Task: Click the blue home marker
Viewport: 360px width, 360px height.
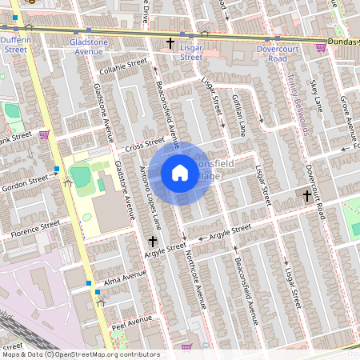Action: pos(180,173)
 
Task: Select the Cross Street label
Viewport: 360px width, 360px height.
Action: pos(144,144)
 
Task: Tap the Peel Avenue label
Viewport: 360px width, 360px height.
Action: pos(132,322)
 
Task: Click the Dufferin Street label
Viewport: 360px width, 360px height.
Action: pos(16,44)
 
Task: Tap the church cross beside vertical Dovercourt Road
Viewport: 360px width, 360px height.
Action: pos(307,194)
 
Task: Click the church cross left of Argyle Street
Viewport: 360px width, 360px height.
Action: pos(153,240)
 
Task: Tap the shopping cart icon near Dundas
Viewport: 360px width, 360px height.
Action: pos(321,48)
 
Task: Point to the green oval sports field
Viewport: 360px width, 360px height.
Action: pos(79,174)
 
